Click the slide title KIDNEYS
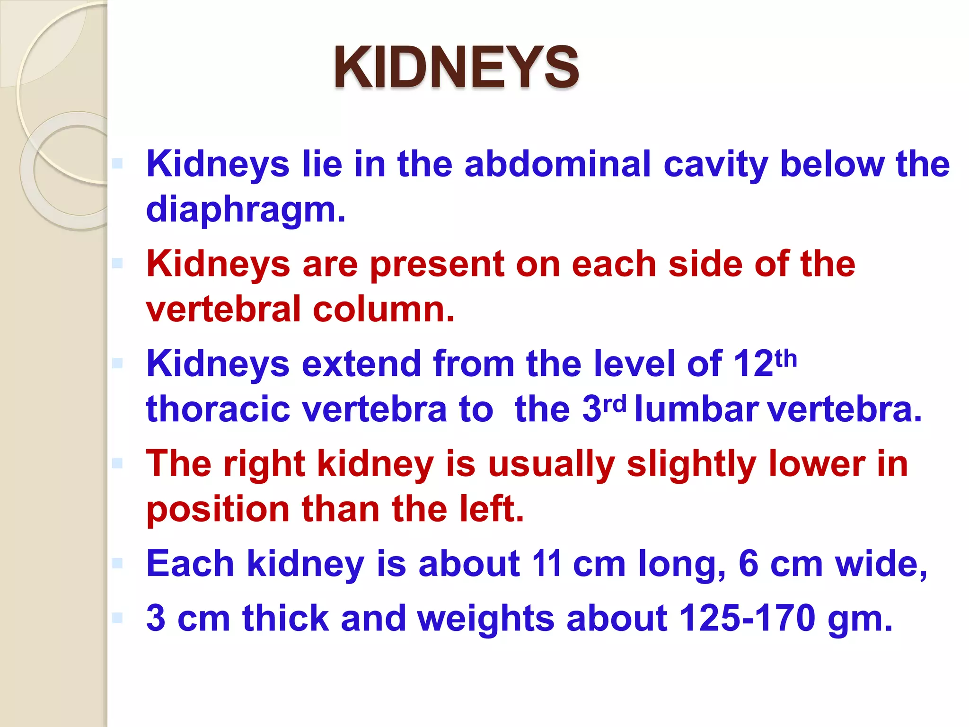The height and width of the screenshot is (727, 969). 456,68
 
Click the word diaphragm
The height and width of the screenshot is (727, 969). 246,209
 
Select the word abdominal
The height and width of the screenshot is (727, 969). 558,164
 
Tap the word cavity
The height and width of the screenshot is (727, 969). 716,164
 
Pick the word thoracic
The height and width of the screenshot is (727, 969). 218,409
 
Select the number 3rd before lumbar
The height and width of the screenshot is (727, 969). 604,408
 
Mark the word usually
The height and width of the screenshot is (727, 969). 551,464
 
